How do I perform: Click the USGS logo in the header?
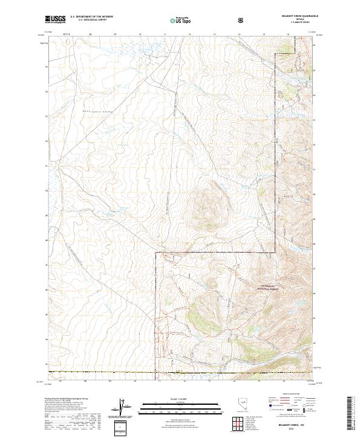point(56,20)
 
